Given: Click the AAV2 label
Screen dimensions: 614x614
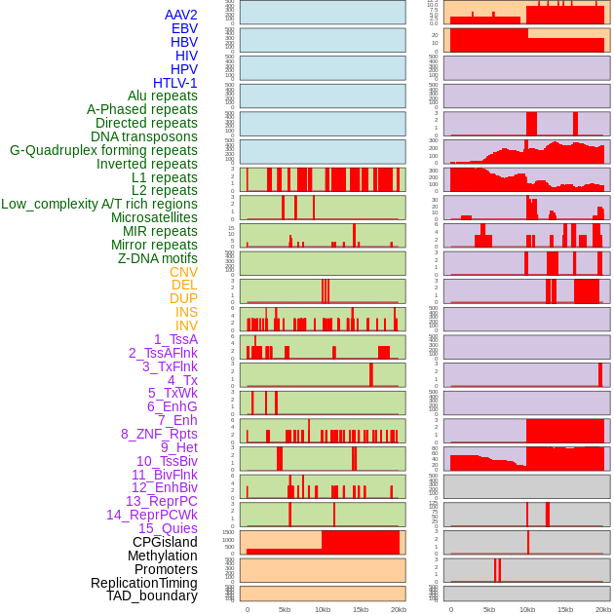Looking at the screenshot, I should point(180,15).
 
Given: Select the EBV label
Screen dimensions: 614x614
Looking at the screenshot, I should point(184,28).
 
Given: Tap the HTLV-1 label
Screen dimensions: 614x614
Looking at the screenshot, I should point(175,83).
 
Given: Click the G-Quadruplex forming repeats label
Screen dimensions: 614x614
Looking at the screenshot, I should point(103,150).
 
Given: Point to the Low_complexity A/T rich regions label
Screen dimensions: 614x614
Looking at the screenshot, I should point(99,204).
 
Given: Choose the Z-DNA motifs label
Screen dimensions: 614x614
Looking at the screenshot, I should point(158,258).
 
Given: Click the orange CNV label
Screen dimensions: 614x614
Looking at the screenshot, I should point(183,272).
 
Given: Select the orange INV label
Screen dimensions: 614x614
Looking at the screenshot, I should point(186,326).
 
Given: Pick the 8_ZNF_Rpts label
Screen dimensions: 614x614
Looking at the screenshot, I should point(159,434).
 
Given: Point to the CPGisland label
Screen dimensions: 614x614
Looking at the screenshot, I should point(165,542).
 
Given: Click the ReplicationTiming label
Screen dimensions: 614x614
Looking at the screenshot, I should point(144,583).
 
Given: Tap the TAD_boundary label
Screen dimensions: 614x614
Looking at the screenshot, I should point(152,595).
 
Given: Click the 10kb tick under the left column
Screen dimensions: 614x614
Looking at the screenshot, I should point(323,609).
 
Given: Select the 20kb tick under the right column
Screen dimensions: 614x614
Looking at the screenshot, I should point(602,609).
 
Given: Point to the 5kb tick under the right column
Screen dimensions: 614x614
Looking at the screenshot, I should point(488,609).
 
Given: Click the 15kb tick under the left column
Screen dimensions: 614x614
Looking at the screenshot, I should point(361,609).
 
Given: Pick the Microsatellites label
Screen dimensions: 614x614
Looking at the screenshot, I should point(154,217).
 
